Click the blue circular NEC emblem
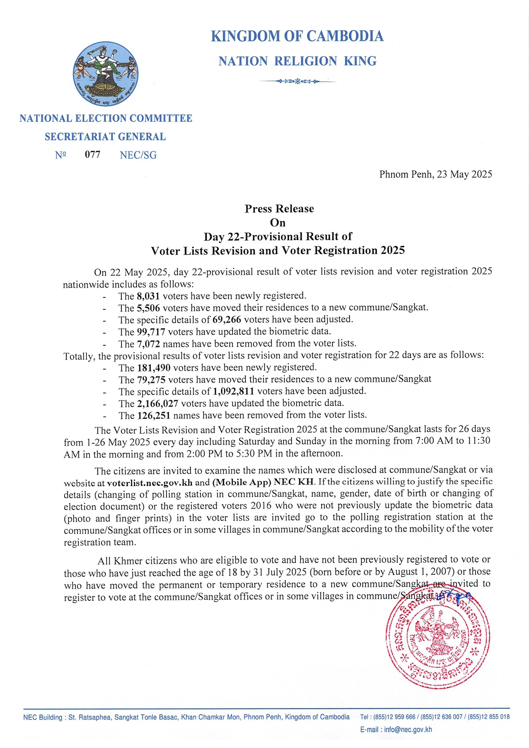(105, 74)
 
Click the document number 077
(93, 154)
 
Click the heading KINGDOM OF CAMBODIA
(297, 36)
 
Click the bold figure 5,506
(148, 308)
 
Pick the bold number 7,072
(148, 343)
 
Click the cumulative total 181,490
(153, 368)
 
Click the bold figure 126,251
(153, 415)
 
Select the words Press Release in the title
(279, 209)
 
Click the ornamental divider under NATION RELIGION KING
(297, 81)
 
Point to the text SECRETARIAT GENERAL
(105, 137)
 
